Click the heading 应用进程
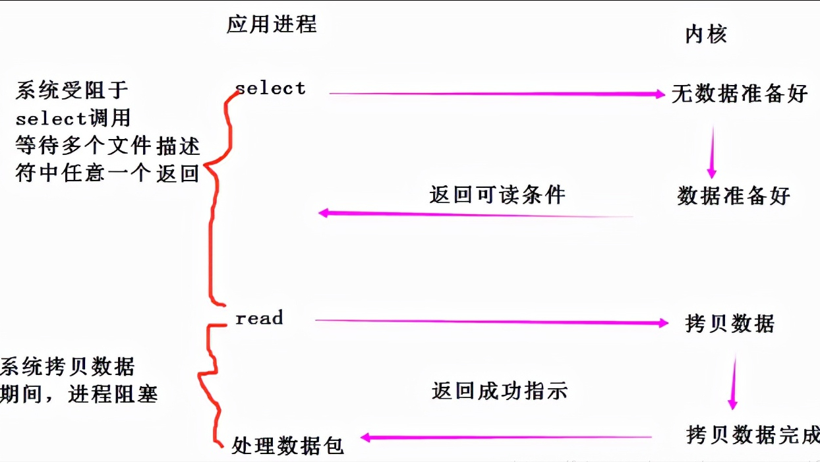pyautogui.click(x=272, y=24)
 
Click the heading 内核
pyautogui.click(x=706, y=34)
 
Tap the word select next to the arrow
pyautogui.click(x=270, y=88)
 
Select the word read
pyautogui.click(x=259, y=318)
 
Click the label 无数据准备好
pyautogui.click(x=740, y=94)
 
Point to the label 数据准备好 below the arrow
pyautogui.click(x=733, y=196)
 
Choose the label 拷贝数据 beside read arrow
pyautogui.click(x=730, y=324)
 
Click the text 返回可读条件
pyautogui.click(x=497, y=194)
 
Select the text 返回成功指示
pyautogui.click(x=499, y=391)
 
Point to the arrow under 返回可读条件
pyautogui.click(x=475, y=214)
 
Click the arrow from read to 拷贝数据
pyautogui.click(x=491, y=322)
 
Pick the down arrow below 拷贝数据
pyautogui.click(x=732, y=382)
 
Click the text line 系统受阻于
pyautogui.click(x=73, y=91)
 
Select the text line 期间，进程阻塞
pyautogui.click(x=79, y=395)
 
